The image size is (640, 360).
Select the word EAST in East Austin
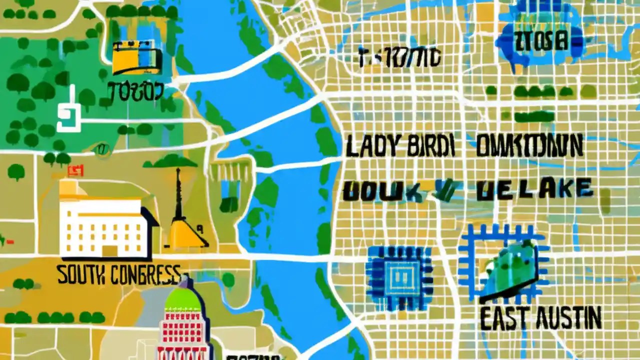click(502, 318)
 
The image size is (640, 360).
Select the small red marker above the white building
click(75, 171)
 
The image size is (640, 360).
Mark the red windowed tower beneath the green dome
click(182, 335)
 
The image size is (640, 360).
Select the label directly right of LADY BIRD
click(529, 146)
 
